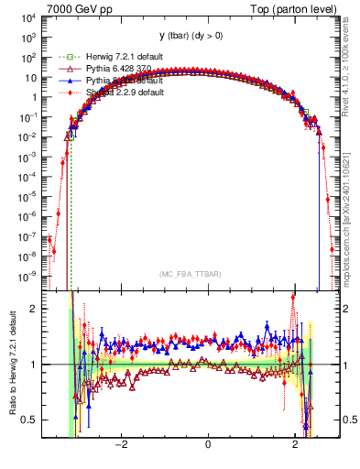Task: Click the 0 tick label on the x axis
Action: coord(208,446)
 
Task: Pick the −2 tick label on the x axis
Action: coord(120,446)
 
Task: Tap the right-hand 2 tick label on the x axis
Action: coord(295,446)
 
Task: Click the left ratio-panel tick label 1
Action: coord(33,365)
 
